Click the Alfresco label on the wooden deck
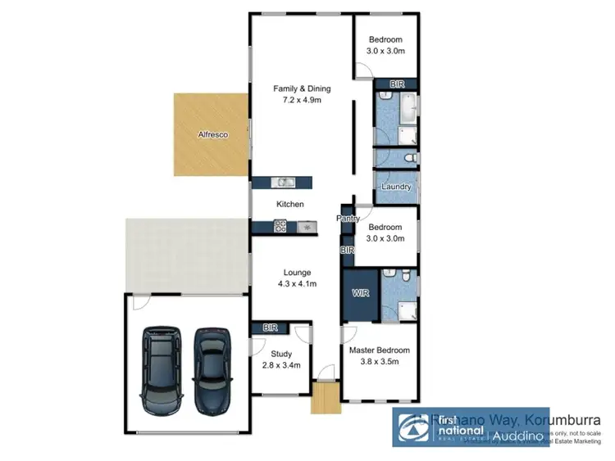[x=212, y=133]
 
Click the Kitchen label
[x=289, y=204]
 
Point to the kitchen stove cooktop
[x=279, y=227]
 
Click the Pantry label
[x=348, y=219]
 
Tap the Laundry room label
[x=395, y=188]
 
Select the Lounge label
[x=297, y=273]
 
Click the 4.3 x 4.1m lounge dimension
[x=297, y=285]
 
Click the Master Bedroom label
[x=379, y=350]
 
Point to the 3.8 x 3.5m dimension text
[x=379, y=363]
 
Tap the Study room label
[x=270, y=355]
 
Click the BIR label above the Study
[x=270, y=328]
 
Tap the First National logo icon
[x=412, y=427]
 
